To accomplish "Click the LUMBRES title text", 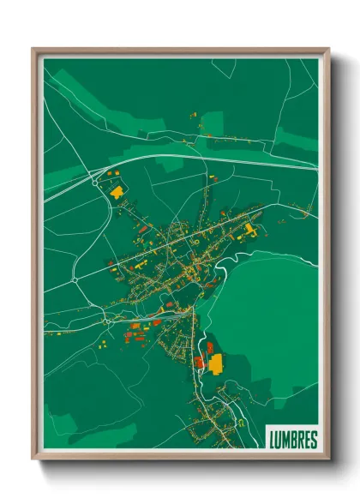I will (292, 440).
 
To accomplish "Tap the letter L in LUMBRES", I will (273, 440).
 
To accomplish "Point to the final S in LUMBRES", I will (313, 440).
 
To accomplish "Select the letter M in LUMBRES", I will (286, 440).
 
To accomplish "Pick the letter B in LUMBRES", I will (293, 440).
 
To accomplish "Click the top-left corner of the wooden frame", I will (33, 50).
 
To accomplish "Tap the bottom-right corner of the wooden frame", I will (328, 459).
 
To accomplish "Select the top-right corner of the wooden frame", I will (328, 50).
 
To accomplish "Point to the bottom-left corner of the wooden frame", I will (33, 459).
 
